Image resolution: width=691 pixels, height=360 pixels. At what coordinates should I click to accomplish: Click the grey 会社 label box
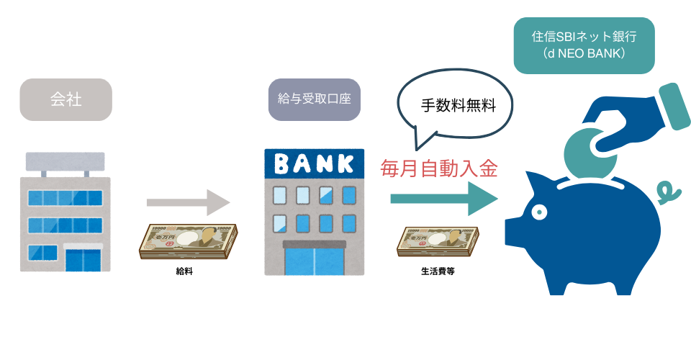click(x=66, y=99)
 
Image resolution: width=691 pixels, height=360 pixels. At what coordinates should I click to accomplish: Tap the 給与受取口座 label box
click(x=314, y=99)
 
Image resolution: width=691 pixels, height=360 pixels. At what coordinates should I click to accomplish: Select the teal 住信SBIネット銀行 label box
click(x=584, y=45)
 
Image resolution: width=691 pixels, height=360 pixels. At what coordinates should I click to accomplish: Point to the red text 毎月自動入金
click(x=439, y=169)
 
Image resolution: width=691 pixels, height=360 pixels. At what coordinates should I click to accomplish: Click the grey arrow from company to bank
click(x=188, y=202)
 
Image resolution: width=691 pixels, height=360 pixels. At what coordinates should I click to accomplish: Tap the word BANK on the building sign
click(x=315, y=163)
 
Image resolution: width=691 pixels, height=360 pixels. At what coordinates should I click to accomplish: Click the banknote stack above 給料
click(x=188, y=240)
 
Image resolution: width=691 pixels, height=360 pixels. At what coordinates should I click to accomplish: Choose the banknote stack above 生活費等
click(x=439, y=243)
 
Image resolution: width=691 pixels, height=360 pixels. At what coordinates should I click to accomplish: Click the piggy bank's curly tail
click(x=667, y=192)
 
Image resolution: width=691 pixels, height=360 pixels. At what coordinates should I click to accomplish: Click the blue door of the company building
click(x=84, y=258)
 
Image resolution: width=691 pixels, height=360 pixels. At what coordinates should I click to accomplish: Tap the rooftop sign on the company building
click(x=65, y=161)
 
